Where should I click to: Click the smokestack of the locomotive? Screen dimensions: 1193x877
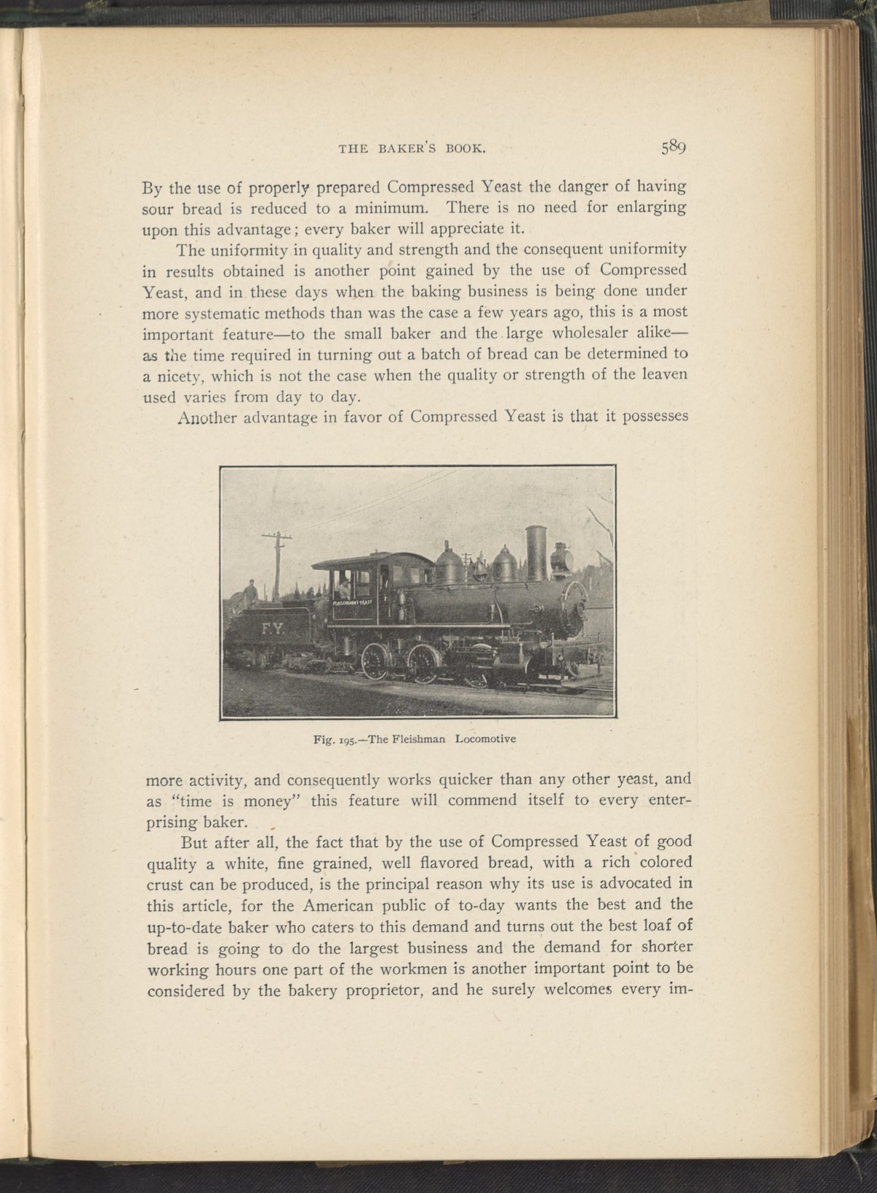click(x=536, y=553)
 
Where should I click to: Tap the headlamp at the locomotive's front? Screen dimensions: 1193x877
click(x=561, y=558)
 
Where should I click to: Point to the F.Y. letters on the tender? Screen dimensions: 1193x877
click(x=272, y=629)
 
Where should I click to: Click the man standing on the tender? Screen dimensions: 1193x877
click(x=251, y=594)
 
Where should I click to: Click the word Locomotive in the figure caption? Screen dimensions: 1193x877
click(x=485, y=738)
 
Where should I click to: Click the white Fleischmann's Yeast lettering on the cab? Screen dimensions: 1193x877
click(x=353, y=602)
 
